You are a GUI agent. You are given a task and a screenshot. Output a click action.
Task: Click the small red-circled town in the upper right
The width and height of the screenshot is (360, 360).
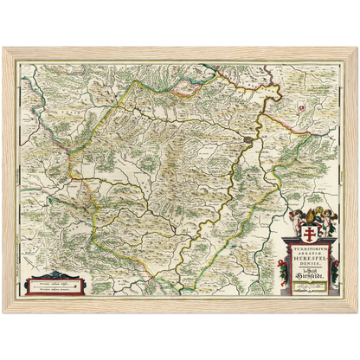tap(301, 107)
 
